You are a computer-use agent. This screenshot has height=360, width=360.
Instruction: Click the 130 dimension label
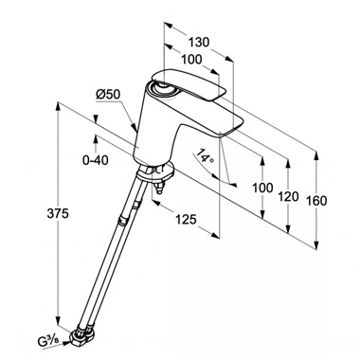point(199,42)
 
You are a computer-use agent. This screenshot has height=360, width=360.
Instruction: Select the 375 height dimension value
point(58,214)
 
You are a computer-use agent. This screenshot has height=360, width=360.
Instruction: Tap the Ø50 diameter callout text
point(108,95)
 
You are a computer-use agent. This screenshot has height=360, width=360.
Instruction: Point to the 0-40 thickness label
point(96,160)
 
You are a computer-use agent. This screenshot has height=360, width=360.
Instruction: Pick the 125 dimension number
point(186,219)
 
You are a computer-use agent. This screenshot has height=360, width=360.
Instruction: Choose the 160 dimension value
point(316,201)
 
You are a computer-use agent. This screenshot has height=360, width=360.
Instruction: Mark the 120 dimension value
point(288,197)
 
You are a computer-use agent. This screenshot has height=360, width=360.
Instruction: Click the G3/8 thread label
point(48,342)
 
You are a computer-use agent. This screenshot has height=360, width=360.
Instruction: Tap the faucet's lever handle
point(189,84)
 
